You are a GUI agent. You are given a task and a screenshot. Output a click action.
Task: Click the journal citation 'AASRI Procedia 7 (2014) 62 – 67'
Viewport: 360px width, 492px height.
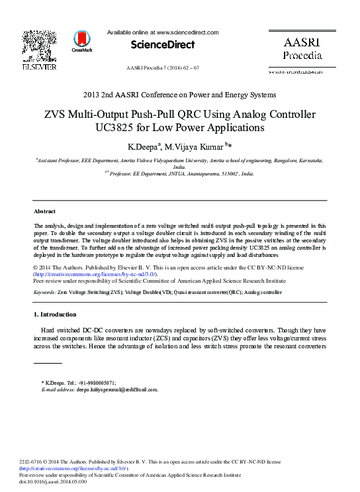click(x=162, y=68)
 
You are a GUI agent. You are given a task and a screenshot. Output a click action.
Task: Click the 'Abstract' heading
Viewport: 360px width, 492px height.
click(x=44, y=211)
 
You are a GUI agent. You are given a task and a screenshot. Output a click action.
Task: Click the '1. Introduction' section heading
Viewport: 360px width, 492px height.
click(x=55, y=314)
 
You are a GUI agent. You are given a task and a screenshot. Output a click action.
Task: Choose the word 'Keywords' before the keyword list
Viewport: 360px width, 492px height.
click(x=44, y=291)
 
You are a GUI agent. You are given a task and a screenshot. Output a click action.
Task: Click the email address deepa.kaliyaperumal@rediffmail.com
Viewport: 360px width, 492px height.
click(x=117, y=389)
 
